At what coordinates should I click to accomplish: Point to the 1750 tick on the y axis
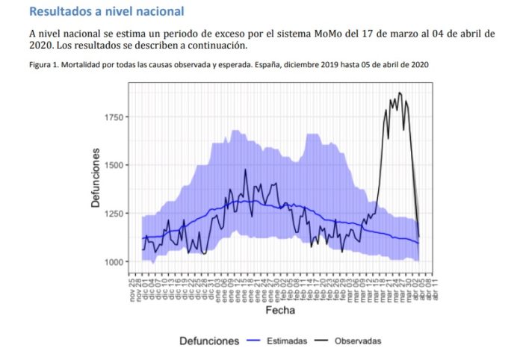click(x=115, y=117)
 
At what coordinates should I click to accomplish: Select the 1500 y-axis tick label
click(x=115, y=165)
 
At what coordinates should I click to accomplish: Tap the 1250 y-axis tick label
click(x=115, y=214)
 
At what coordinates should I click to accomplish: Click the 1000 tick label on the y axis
click(x=115, y=262)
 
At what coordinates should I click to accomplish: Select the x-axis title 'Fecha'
click(x=279, y=309)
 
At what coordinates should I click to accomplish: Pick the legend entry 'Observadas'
click(x=357, y=341)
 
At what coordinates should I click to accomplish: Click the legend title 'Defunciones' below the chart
click(x=209, y=341)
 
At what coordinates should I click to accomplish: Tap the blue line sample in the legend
click(x=254, y=341)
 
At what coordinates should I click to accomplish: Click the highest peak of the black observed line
click(x=400, y=93)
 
